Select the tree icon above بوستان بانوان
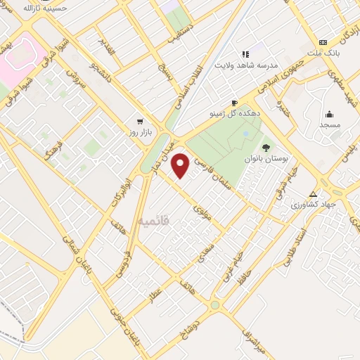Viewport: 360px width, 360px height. click(266, 147)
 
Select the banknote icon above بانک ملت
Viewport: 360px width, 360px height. click(323, 42)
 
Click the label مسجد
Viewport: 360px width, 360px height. click(330, 124)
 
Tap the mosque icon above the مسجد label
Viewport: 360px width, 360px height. click(329, 114)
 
